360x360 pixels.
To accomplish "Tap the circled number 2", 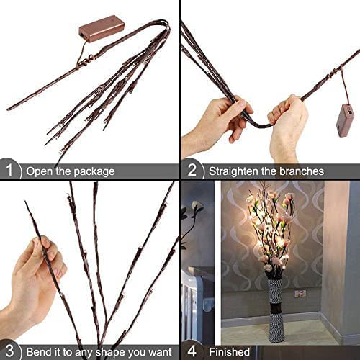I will pos(192,171).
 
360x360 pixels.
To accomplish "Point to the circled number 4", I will pos(192,352).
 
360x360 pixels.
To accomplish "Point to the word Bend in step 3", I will pos(39,352).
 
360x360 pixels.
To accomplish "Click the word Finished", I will pos(229,352).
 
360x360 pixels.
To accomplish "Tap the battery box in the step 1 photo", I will pos(101,29).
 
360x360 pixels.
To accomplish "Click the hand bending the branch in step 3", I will pos(36,277).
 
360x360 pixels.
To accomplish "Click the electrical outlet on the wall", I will pos(300,293).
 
